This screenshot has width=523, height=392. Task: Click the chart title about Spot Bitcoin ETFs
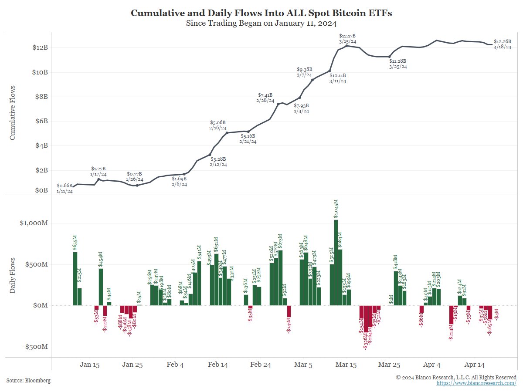click(x=261, y=13)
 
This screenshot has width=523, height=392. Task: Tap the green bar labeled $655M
click(x=75, y=279)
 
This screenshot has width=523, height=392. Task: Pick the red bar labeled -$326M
click(x=366, y=319)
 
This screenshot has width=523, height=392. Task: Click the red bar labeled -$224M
click(x=452, y=314)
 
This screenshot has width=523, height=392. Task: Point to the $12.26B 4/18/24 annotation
click(x=502, y=44)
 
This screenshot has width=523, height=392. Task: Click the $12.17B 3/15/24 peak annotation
click(x=348, y=38)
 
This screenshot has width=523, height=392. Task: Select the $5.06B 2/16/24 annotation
click(x=218, y=125)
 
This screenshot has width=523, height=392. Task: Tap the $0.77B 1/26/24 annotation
click(x=134, y=176)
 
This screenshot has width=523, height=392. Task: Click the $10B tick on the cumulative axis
click(x=40, y=72)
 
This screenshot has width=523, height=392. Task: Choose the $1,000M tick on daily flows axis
click(x=34, y=223)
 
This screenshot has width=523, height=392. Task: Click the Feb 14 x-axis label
click(x=218, y=365)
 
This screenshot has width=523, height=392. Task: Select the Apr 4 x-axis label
click(x=431, y=365)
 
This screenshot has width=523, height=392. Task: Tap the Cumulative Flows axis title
click(x=12, y=112)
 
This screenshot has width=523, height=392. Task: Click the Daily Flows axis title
click(x=12, y=275)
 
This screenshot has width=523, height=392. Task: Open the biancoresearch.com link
click(x=476, y=383)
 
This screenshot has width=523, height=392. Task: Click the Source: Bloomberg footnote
click(x=28, y=381)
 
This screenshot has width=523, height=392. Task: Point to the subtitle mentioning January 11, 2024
click(x=261, y=23)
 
